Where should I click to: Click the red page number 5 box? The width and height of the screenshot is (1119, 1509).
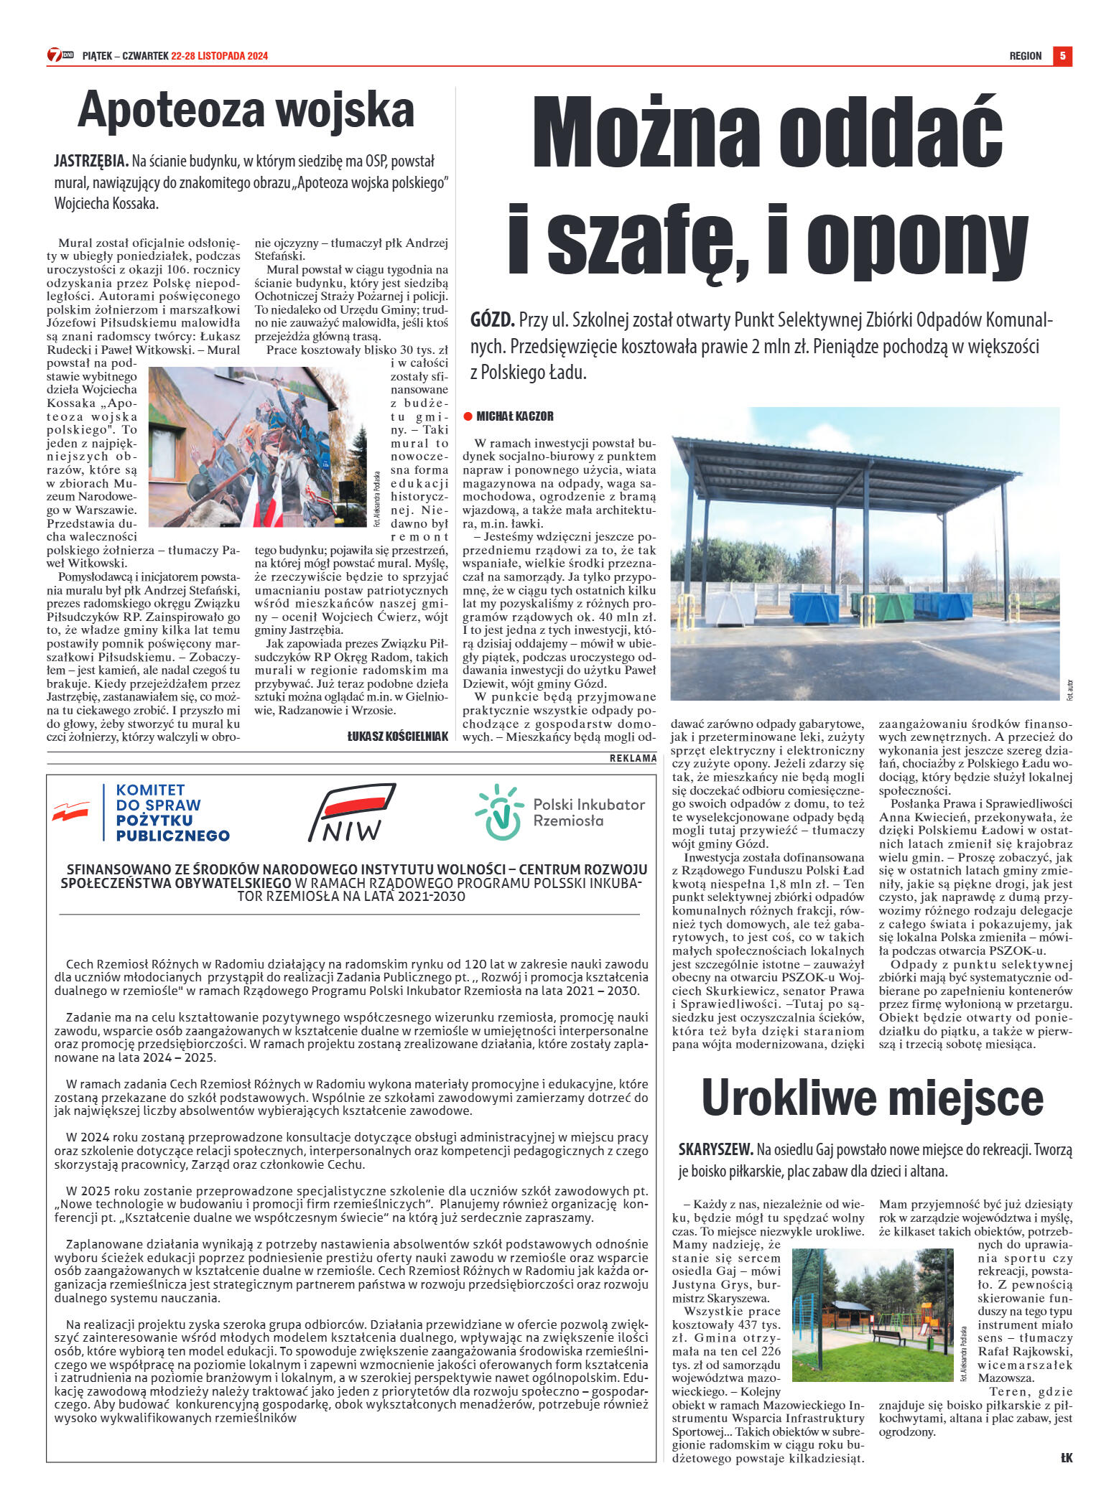coord(1062,55)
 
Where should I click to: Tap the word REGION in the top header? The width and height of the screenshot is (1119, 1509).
coord(1025,56)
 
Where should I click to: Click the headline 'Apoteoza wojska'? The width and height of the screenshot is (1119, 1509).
coord(246,111)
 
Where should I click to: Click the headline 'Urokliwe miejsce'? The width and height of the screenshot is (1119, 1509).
coord(872,1098)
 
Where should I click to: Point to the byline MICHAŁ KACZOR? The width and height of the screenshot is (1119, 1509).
coord(515,416)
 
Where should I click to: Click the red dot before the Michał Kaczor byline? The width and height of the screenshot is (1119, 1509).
coord(468,416)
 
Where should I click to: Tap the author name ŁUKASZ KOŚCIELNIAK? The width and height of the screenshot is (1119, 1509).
coord(397,736)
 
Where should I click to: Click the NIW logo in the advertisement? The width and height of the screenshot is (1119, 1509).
coord(352,813)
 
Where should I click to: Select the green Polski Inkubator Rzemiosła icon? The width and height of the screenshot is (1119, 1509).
coord(499,812)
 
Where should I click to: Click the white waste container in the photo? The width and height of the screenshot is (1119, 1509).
coord(730,607)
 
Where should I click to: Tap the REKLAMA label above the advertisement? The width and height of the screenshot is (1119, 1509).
coord(633,758)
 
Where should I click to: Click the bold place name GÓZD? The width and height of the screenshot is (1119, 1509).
coord(493,320)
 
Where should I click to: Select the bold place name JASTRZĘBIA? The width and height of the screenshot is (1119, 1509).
coord(91,162)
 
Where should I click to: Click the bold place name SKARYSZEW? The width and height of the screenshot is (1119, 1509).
coord(715,1149)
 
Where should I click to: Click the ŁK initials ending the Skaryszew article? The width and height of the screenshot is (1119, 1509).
coord(1066,1457)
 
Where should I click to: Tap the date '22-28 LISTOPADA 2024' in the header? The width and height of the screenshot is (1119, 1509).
coord(219,56)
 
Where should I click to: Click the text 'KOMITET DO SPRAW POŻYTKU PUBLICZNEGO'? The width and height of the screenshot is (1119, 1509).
coord(172,813)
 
